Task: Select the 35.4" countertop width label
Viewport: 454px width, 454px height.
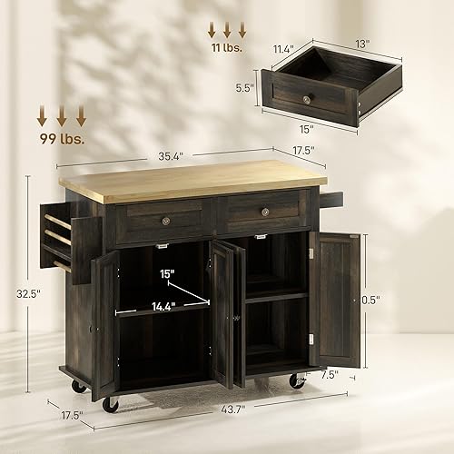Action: coord(168,156)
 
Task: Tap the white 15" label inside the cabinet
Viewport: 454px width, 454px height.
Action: coord(166,271)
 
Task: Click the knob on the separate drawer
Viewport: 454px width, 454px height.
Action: coord(308,98)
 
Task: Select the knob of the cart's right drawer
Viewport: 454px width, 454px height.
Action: coord(265,212)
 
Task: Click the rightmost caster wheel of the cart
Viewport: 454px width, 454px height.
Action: coord(297,382)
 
